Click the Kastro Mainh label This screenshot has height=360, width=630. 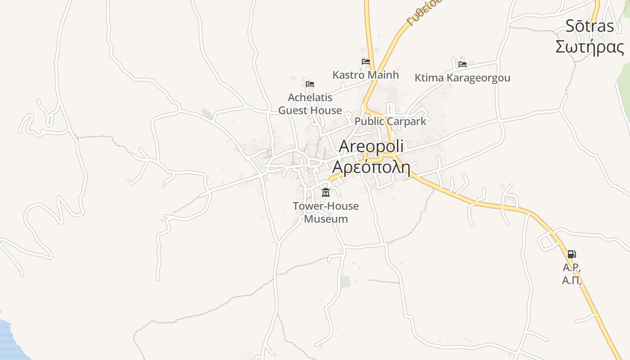pos(365,75)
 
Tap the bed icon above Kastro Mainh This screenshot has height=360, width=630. pos(366,62)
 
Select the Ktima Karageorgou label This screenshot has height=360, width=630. pos(462,78)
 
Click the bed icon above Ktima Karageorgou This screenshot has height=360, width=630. pos(462,64)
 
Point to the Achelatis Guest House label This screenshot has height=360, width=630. pos(310,104)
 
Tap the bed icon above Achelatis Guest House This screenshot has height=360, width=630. pos(310,84)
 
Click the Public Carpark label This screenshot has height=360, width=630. pos(390,121)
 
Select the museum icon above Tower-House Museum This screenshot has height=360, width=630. pos(325,193)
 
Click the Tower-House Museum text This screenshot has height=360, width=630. pos(326,212)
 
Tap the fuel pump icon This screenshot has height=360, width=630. pos(571,254)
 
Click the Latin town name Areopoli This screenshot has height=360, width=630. pos(371,146)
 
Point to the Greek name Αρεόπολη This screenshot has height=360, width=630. pos(371,167)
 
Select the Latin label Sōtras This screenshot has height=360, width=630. pos(589,26)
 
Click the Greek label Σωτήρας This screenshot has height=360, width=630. pos(589,47)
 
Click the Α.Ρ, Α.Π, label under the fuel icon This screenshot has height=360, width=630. pos(572,274)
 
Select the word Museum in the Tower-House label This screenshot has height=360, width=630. pos(326,219)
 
